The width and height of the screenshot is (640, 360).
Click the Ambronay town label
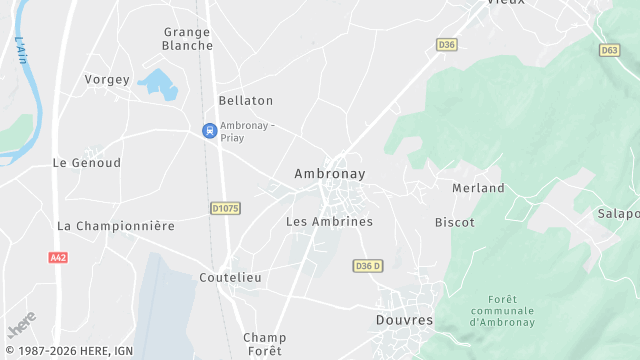coord(329,174)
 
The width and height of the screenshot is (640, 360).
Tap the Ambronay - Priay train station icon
coord(209,130)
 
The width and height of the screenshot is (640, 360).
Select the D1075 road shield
coord(225,208)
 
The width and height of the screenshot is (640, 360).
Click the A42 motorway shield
coord(58,257)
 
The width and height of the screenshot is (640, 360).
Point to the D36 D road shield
coord(368,265)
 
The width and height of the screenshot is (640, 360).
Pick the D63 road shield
coord(609,49)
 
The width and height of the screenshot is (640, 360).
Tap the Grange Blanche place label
coord(187,38)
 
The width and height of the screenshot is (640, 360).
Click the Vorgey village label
coord(108,79)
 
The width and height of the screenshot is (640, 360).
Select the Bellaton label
coord(245,101)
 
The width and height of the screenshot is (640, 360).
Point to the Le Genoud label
coord(86,162)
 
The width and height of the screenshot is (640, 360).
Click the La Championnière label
coord(115,226)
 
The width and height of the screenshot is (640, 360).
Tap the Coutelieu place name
coord(230,277)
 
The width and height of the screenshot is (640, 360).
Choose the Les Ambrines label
coord(329,221)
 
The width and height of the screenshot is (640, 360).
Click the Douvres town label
coord(404,320)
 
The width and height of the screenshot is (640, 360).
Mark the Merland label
coord(478,188)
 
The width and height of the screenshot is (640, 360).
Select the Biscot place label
coord(454,222)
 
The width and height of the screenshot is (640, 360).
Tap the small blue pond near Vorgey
coord(160,83)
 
